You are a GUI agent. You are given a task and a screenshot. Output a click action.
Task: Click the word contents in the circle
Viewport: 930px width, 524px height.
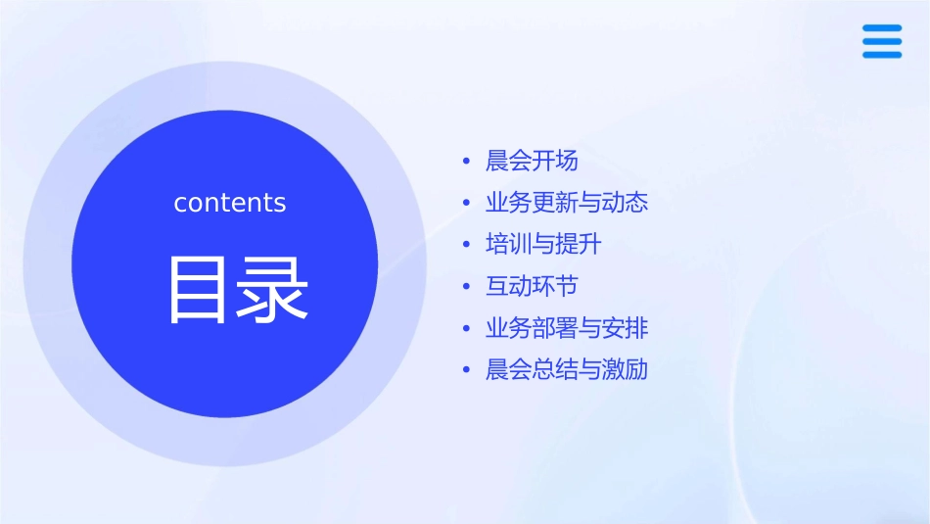point(230,203)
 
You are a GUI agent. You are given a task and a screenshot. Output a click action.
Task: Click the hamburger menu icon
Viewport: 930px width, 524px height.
point(882,42)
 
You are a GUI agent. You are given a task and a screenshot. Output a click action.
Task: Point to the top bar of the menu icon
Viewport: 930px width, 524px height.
point(882,28)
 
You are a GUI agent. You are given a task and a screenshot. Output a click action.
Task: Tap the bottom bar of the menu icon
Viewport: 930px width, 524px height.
point(882,55)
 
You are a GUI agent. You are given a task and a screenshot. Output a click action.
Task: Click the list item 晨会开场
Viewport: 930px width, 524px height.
point(532,161)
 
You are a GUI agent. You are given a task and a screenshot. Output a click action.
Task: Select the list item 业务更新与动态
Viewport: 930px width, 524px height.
point(567,203)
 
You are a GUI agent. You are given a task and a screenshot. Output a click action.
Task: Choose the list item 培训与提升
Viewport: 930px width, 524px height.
point(543,244)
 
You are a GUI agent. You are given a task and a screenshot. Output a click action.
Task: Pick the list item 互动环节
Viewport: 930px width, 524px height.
point(532,286)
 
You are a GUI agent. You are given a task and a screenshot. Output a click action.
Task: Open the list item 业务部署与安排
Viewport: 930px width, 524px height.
point(567,328)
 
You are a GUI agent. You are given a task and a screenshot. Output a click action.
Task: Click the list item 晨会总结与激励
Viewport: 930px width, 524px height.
point(567,370)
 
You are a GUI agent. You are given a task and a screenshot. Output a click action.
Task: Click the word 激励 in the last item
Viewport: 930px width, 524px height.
point(625,370)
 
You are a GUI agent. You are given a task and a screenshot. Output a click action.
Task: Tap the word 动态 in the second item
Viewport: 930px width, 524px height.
point(625,203)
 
